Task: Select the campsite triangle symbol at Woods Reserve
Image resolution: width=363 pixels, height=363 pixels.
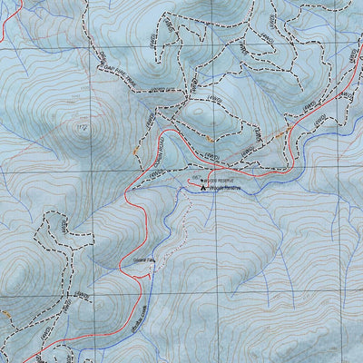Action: pyautogui.click(x=202, y=188)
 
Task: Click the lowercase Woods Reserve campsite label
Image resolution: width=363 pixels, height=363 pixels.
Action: pyautogui.click(x=223, y=189)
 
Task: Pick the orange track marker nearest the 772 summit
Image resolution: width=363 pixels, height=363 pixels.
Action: pyautogui.click(x=133, y=148)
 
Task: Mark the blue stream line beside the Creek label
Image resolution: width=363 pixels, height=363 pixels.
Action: pyautogui.click(x=145, y=322)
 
